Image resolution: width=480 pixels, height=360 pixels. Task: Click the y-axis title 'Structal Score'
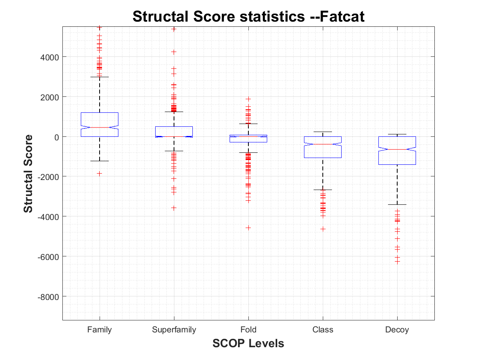28,174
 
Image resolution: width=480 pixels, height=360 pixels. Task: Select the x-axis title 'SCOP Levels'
248,343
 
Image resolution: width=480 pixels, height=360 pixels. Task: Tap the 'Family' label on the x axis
100,330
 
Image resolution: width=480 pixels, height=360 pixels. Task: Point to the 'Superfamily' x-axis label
174,330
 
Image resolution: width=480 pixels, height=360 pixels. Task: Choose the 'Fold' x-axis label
248,330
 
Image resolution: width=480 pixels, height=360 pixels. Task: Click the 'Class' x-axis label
323,330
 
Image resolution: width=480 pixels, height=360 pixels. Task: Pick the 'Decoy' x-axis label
397,330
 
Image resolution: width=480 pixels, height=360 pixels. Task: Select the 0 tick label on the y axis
56,137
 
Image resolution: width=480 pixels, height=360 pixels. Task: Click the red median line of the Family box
100,127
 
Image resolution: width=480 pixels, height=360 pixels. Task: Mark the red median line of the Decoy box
397,149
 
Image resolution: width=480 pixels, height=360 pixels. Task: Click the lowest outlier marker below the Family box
100,174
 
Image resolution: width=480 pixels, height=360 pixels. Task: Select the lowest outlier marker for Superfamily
174,208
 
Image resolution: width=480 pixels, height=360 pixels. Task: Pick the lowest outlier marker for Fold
248,228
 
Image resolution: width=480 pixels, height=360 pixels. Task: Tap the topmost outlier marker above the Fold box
248,99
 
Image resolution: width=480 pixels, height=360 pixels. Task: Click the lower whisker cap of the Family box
100,161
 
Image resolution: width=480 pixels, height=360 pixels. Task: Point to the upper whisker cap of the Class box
323,132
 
